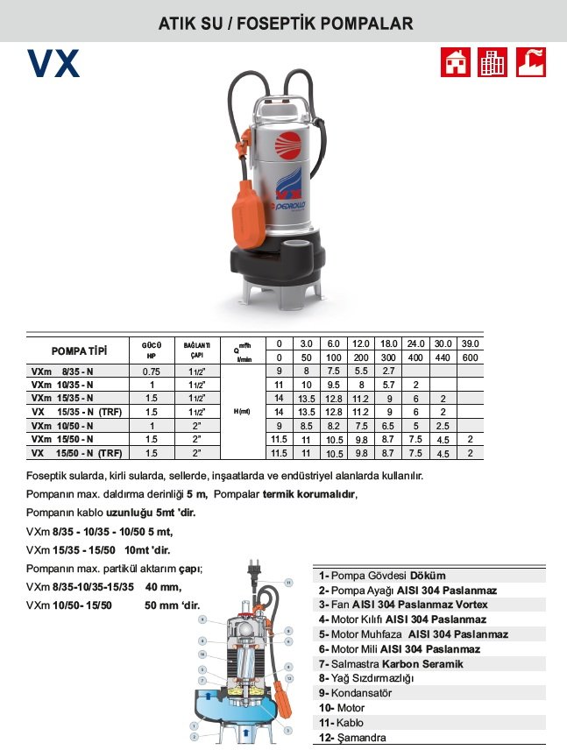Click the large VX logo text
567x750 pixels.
click(x=53, y=63)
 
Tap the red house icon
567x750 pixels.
click(x=455, y=61)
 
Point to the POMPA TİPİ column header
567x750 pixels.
click(x=79, y=350)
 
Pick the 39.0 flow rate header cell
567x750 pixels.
click(x=470, y=343)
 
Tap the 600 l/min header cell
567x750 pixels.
click(x=470, y=357)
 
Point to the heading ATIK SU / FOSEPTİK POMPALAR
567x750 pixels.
click(x=284, y=23)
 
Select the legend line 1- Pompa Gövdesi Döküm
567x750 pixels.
click(x=383, y=576)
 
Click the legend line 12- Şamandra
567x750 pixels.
click(x=352, y=737)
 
